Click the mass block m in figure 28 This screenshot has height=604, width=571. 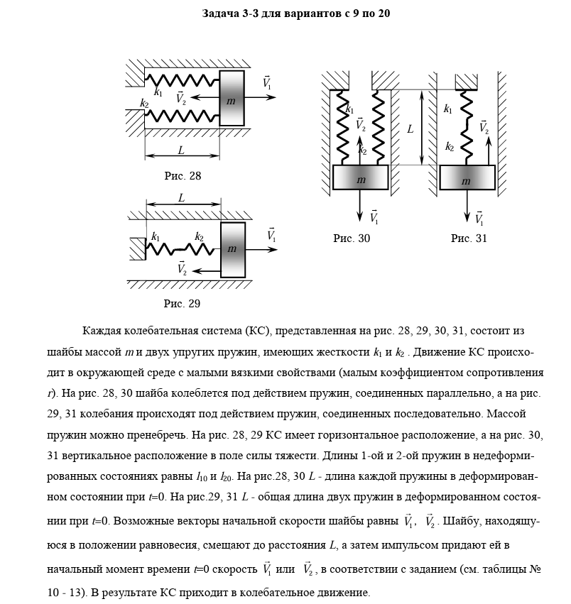pyautogui.click(x=231, y=101)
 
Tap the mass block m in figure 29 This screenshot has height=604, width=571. pyautogui.click(x=232, y=249)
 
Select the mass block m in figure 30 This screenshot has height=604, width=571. pyautogui.click(x=361, y=177)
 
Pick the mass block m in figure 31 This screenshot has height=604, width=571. pyautogui.click(x=466, y=178)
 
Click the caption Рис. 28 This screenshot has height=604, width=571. pyautogui.click(x=182, y=176)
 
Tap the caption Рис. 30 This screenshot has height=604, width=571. pyautogui.click(x=352, y=238)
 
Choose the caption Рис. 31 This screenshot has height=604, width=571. pyautogui.click(x=469, y=238)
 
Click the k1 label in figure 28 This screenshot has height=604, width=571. pyautogui.click(x=158, y=92)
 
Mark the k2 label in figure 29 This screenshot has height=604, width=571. pyautogui.click(x=200, y=236)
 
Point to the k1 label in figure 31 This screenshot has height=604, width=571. pyautogui.click(x=448, y=109)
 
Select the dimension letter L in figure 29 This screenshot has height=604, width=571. pyautogui.click(x=182, y=198)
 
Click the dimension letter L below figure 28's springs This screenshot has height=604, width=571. pyautogui.click(x=181, y=150)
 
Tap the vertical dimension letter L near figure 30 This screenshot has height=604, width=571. pyautogui.click(x=410, y=130)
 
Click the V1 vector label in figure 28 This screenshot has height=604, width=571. pyautogui.click(x=267, y=83)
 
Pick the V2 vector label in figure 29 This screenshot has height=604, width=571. pyautogui.click(x=183, y=269)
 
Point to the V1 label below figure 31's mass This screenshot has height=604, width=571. pyautogui.click(x=479, y=218)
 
